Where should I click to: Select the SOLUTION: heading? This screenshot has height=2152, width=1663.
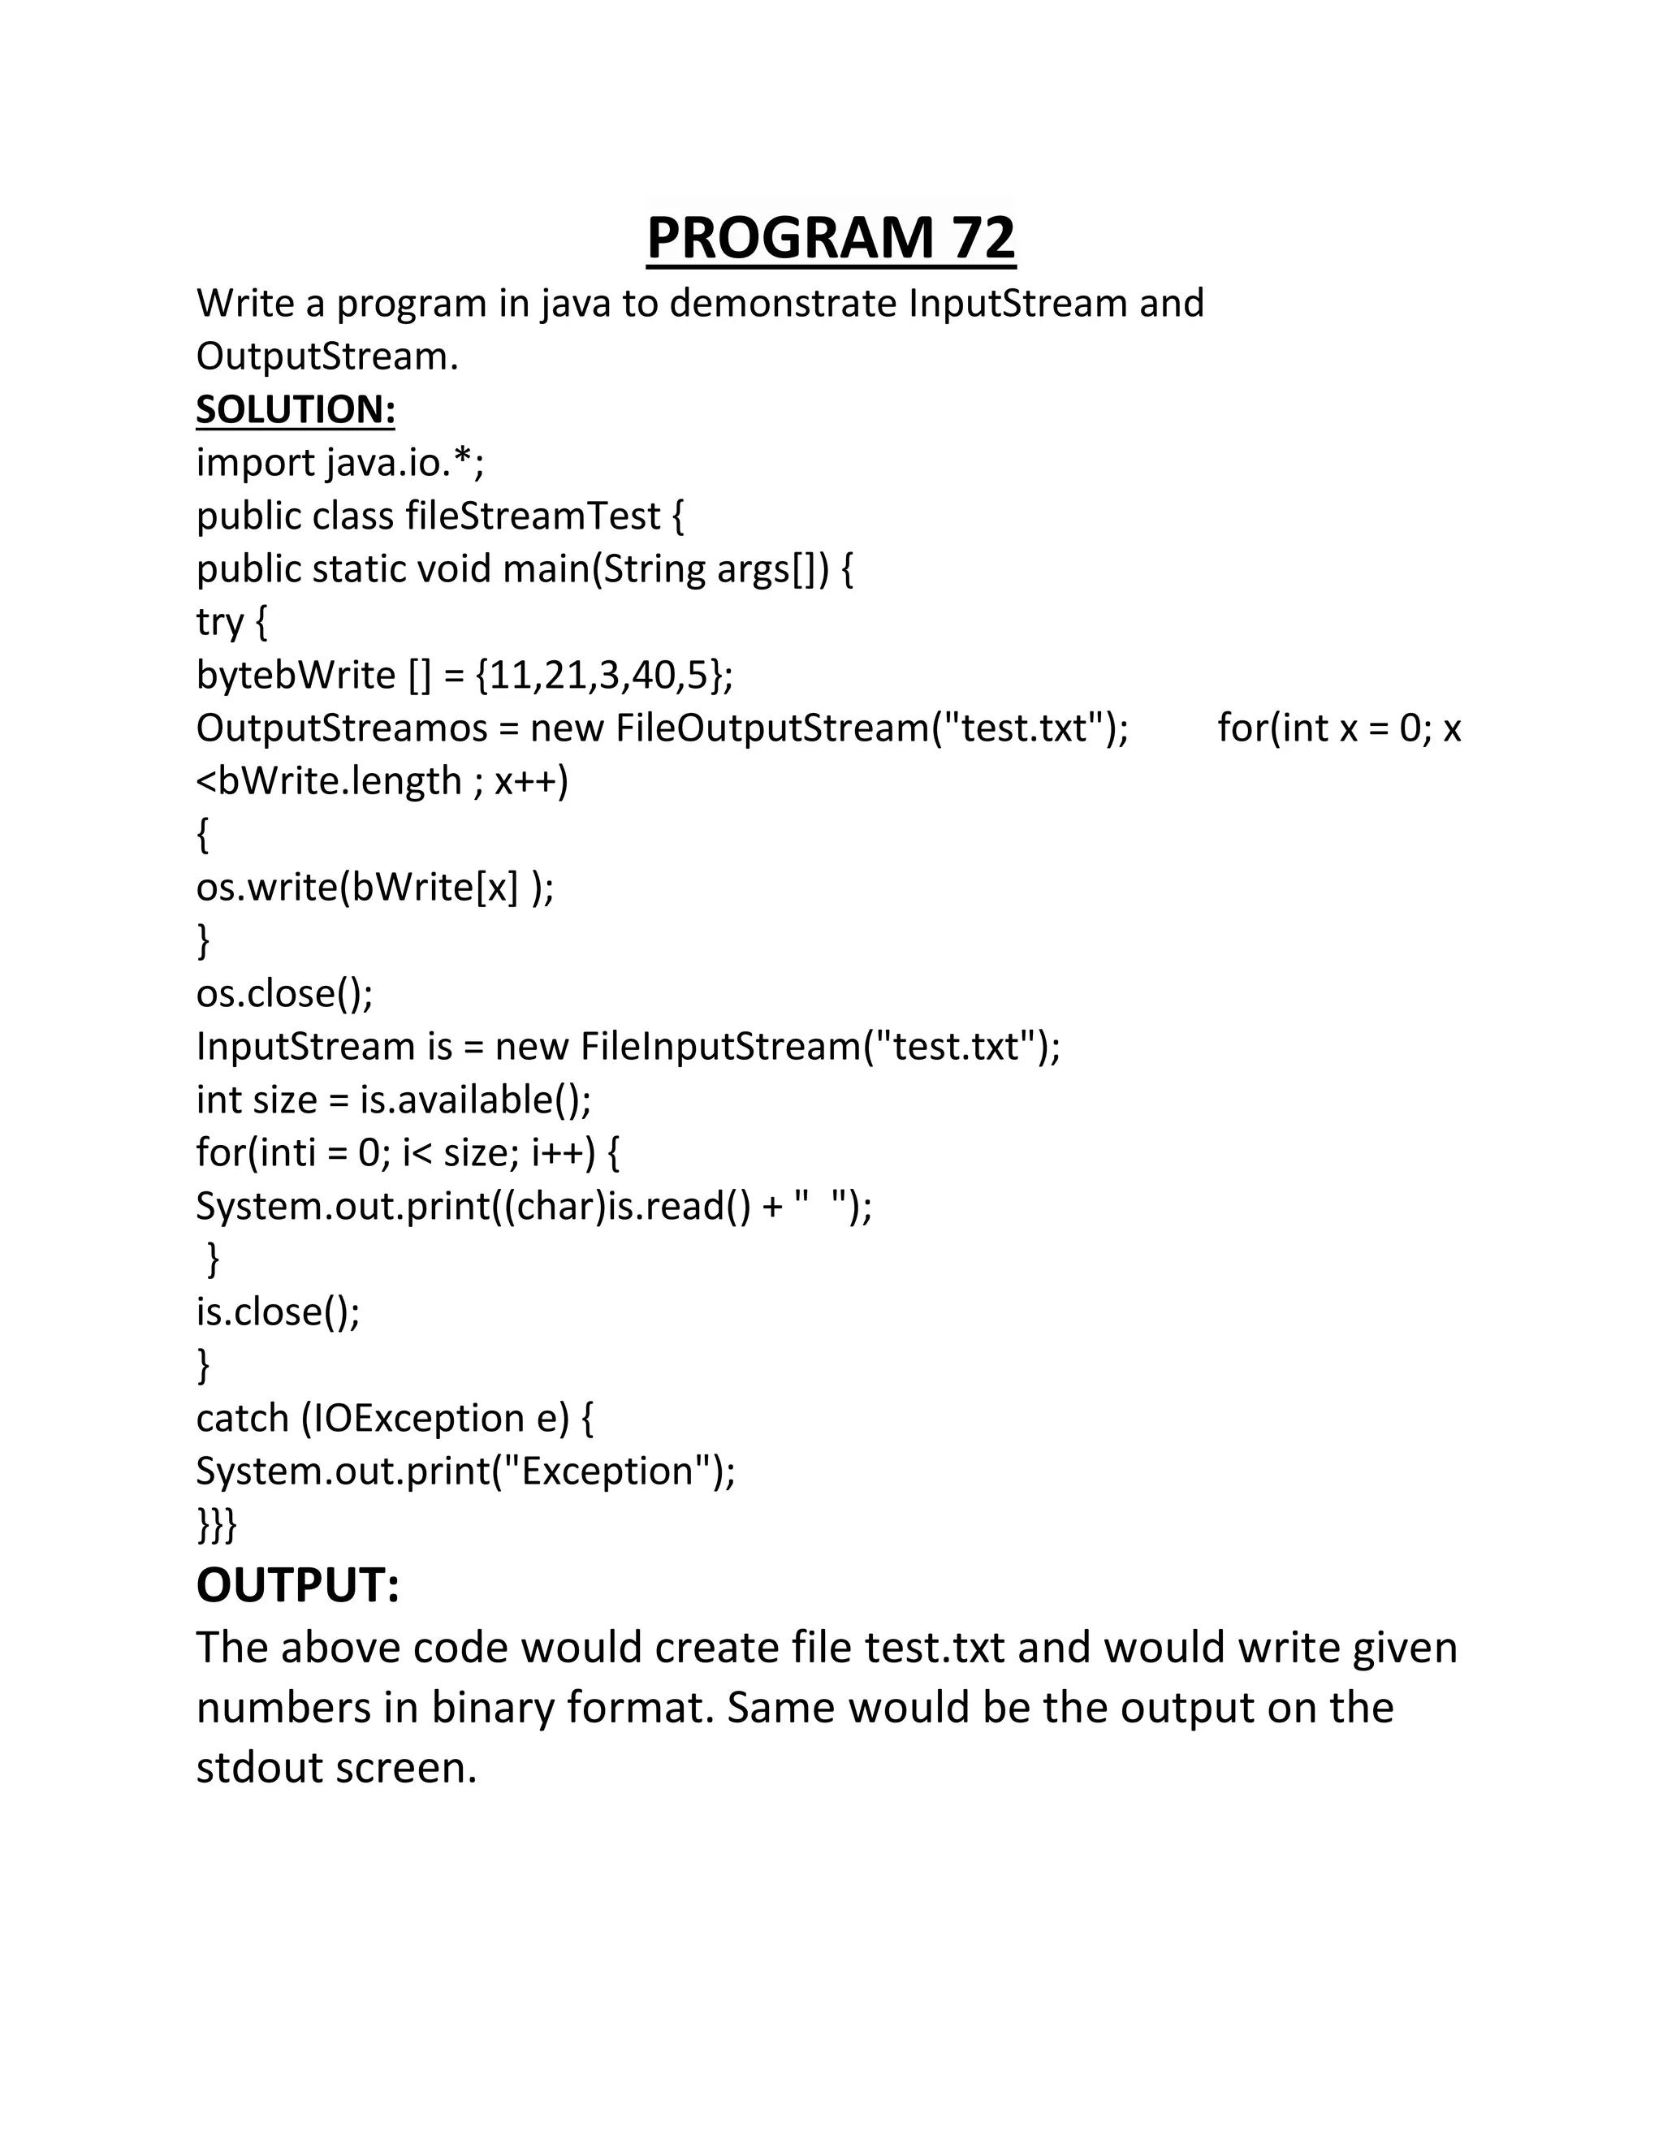pos(296,409)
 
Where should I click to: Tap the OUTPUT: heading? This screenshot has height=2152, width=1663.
pos(297,1584)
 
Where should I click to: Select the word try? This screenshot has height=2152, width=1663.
pos(220,622)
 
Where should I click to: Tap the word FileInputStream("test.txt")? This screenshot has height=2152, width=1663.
pos(819,1045)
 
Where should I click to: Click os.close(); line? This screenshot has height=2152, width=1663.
pos(285,992)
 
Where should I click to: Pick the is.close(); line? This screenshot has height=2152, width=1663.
pos(278,1312)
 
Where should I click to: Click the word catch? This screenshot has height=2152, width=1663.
pos(241,1418)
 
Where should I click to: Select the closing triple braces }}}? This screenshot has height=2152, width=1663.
pos(217,1524)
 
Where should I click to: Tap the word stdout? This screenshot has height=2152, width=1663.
pos(259,1767)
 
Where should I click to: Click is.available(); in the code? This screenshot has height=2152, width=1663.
pos(475,1099)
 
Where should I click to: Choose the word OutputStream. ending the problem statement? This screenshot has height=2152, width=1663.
pos(327,356)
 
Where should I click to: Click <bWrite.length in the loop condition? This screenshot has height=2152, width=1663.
pos(328,781)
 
